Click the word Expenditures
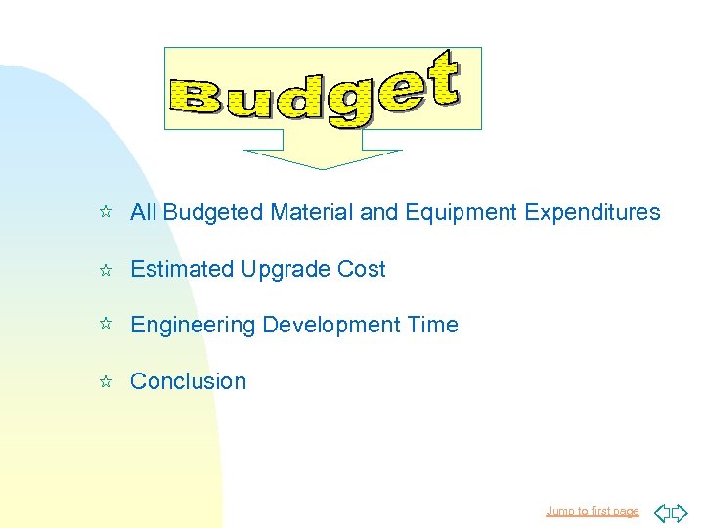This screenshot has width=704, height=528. pos(593,212)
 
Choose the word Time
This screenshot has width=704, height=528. pos(432,325)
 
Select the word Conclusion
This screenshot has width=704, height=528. pos(188,381)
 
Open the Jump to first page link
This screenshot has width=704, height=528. pos(592,511)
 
